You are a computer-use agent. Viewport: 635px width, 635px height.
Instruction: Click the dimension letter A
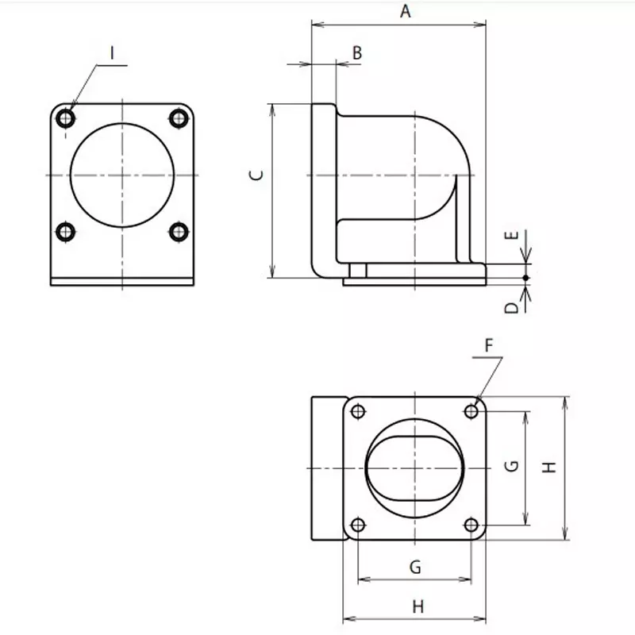pyautogui.click(x=406, y=11)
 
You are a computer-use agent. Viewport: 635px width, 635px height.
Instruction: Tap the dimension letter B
pyautogui.click(x=356, y=53)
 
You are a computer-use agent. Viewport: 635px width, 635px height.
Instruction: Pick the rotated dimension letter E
pyautogui.click(x=512, y=236)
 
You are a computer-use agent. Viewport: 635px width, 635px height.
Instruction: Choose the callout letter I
pyautogui.click(x=113, y=53)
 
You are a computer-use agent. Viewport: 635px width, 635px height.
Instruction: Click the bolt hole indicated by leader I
pyautogui.click(x=66, y=119)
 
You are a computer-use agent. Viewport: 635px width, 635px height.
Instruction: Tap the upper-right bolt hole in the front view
pyautogui.click(x=179, y=119)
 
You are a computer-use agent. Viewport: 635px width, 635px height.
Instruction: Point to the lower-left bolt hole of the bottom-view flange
pyautogui.click(x=358, y=525)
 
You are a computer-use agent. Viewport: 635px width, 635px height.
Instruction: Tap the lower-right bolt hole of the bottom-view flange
pyautogui.click(x=471, y=525)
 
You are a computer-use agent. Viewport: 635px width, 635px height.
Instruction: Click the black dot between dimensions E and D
pyautogui.click(x=525, y=277)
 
